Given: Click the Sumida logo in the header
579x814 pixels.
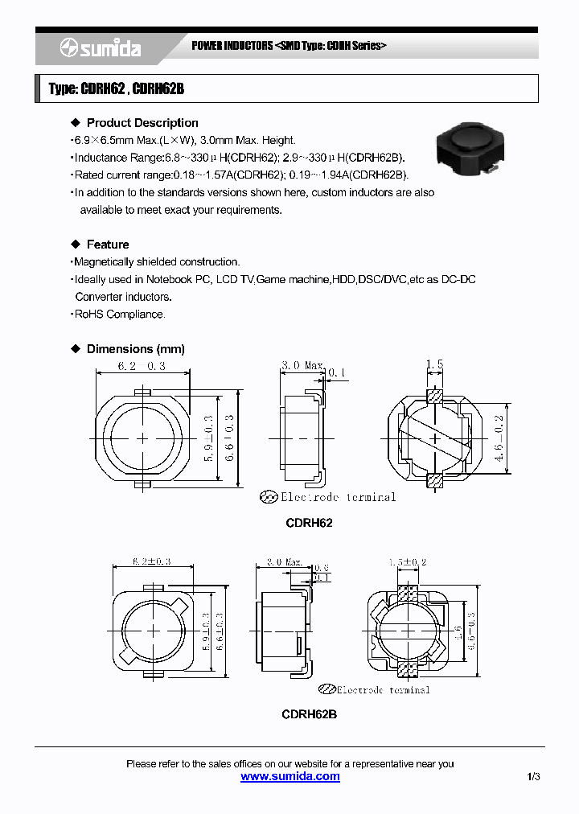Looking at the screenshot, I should (x=101, y=48).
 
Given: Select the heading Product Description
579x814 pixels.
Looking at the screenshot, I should (x=142, y=123).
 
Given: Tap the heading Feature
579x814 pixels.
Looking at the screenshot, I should (x=107, y=245).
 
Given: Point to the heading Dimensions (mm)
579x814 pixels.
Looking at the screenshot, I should (x=135, y=349).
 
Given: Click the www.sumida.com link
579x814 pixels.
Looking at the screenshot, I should (x=290, y=776).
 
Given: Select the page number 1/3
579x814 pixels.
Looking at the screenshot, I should (x=534, y=777).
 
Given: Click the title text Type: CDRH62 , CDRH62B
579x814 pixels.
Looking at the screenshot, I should (x=116, y=88).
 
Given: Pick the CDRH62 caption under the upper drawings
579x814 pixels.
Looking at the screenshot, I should (x=309, y=523).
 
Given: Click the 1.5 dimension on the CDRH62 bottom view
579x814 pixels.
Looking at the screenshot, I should (x=434, y=365).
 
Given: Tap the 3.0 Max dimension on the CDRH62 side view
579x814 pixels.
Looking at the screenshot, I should (x=302, y=365).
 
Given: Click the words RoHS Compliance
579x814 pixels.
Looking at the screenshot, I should (x=120, y=314).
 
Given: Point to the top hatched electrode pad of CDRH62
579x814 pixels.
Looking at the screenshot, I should (x=434, y=396).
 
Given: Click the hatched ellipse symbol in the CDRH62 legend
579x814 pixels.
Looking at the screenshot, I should (x=268, y=497).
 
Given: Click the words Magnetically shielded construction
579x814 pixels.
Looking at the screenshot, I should (x=157, y=262).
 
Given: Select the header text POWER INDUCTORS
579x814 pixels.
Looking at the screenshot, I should (x=232, y=46).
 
